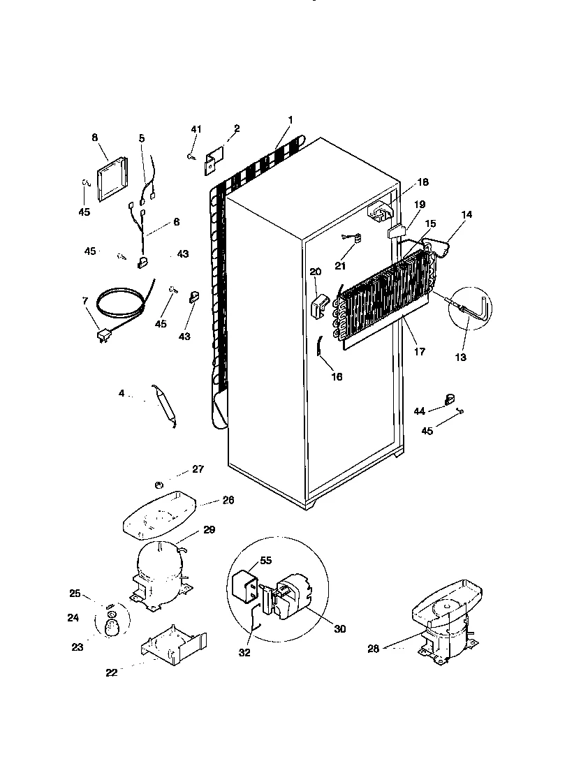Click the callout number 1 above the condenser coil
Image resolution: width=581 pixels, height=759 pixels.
[290, 120]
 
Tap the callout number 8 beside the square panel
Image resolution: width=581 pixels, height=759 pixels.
[95, 138]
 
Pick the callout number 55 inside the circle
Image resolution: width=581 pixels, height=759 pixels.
[266, 560]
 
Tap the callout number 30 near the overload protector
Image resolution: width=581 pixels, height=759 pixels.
[340, 629]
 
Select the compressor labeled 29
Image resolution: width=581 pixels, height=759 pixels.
[161, 569]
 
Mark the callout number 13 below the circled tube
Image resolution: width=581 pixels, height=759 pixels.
[461, 357]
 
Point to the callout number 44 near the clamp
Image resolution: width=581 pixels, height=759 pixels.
[419, 412]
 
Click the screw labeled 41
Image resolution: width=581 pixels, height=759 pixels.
[190, 158]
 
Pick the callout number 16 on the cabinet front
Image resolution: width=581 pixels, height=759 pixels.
[337, 376]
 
